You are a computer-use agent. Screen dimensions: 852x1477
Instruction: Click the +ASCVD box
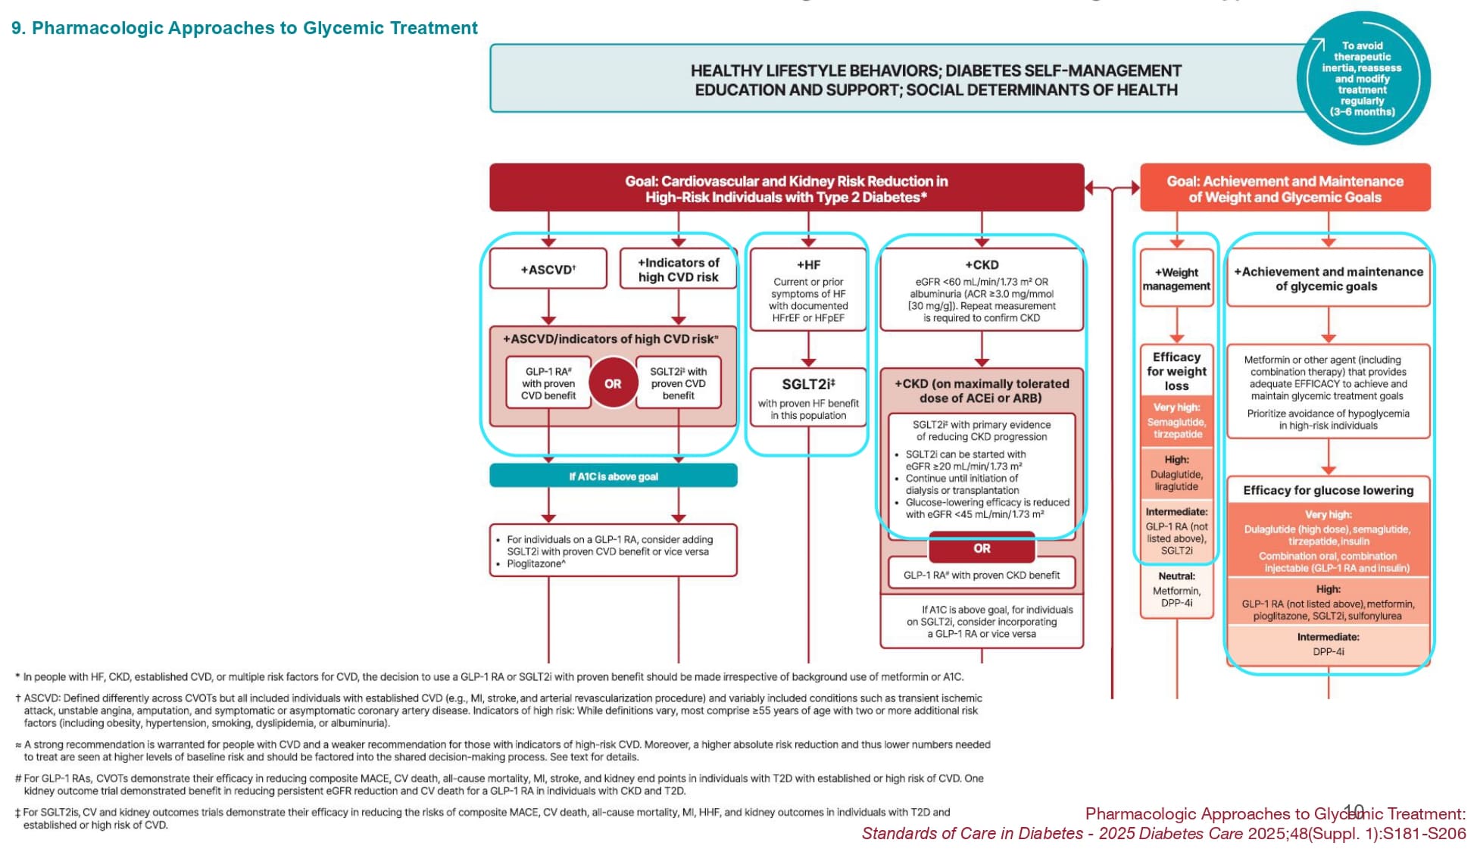(548, 269)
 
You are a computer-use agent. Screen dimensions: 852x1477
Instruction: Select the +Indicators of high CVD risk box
(678, 270)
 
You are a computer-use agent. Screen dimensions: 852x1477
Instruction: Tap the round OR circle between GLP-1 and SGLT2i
(613, 384)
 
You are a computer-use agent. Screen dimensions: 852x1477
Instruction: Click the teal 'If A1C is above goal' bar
(613, 476)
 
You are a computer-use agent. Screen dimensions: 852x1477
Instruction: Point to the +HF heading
(808, 265)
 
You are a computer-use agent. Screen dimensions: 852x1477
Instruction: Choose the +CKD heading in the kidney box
(981, 265)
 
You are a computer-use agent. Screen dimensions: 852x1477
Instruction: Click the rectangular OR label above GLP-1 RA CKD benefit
(982, 548)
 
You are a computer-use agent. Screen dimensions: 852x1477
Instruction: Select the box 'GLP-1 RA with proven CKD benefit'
(982, 576)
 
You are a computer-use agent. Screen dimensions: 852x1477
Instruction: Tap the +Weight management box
(1176, 279)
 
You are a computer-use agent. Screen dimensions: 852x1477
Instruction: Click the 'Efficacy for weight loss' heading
(1176, 371)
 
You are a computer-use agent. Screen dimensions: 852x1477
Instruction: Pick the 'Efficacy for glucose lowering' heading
(1328, 490)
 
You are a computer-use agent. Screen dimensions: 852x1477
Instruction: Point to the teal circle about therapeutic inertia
(1363, 79)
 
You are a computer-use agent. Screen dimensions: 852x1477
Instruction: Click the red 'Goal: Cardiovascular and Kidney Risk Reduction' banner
(786, 189)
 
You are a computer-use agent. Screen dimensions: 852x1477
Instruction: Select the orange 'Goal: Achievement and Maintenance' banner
(1285, 189)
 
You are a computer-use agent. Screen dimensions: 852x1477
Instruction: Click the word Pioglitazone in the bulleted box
(535, 564)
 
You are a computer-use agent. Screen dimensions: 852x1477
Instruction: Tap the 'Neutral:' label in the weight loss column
(1176, 576)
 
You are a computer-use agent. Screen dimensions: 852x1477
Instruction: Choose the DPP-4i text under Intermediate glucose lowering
(1328, 652)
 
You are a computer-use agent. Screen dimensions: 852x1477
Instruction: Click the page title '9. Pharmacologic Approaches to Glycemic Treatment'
(245, 28)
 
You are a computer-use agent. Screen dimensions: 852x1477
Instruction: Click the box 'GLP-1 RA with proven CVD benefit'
(548, 383)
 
